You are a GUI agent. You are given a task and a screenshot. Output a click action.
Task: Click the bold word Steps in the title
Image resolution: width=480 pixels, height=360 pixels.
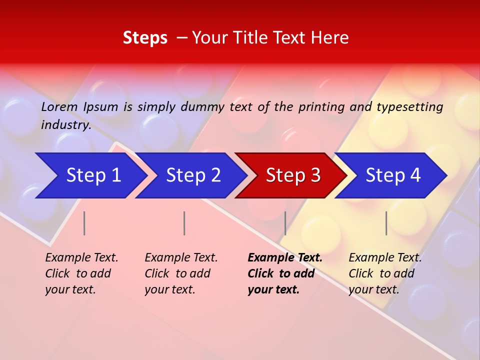click(145, 38)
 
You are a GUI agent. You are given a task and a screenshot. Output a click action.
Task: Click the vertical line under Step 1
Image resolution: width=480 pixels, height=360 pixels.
click(84, 223)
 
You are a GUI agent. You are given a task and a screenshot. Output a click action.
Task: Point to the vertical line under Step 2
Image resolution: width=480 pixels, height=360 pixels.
click(184, 223)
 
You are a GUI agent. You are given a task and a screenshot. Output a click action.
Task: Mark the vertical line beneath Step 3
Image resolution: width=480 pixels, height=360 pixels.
click(285, 223)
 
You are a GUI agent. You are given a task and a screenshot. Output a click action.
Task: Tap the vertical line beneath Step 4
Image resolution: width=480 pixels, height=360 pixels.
click(386, 223)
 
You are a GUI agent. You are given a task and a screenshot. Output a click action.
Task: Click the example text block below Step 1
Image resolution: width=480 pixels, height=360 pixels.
click(81, 273)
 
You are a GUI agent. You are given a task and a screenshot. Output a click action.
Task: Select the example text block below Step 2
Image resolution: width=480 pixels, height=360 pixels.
click(181, 273)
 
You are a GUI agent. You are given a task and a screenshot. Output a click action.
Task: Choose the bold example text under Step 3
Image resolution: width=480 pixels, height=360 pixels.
click(284, 273)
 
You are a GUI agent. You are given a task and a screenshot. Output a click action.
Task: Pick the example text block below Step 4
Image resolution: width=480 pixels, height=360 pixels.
click(384, 273)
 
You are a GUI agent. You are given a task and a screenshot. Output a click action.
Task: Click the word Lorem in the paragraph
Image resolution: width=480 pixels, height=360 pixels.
click(59, 107)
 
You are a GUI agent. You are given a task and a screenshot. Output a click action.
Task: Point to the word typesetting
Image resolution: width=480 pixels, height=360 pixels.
click(409, 107)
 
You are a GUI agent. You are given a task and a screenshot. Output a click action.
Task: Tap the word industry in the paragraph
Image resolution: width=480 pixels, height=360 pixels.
click(65, 125)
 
